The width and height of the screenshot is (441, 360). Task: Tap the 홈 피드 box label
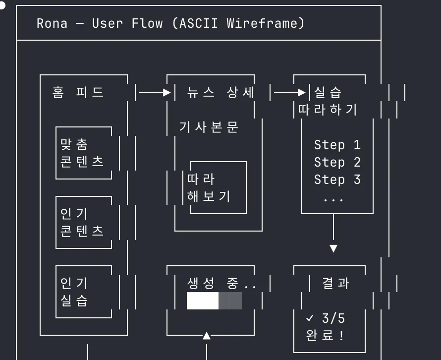pyautogui.click(x=78, y=92)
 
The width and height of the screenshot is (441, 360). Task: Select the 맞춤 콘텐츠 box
pyautogui.click(x=83, y=153)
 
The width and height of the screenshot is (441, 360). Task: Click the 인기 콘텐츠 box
pyautogui.click(x=83, y=222)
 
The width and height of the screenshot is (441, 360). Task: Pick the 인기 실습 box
pyautogui.click(x=83, y=292)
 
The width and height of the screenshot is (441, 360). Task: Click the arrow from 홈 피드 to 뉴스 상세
pyautogui.click(x=155, y=92)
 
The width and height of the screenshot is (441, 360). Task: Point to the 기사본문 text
pyautogui.click(x=209, y=127)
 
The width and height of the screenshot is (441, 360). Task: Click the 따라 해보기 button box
pyautogui.click(x=218, y=187)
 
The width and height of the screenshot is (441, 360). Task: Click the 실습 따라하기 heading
pyautogui.click(x=328, y=101)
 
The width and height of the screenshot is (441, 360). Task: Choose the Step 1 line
pyautogui.click(x=337, y=145)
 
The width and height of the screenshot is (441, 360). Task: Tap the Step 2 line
pyautogui.click(x=337, y=163)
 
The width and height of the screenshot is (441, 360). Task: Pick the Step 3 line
pyautogui.click(x=337, y=180)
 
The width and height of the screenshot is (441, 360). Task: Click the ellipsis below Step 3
pyautogui.click(x=333, y=199)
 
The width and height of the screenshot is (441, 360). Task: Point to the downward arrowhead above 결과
pyautogui.click(x=333, y=248)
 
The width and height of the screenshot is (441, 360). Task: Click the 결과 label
pyautogui.click(x=335, y=283)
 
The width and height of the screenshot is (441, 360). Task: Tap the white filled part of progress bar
pyautogui.click(x=202, y=300)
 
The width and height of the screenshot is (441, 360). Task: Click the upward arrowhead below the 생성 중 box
pyautogui.click(x=207, y=336)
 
